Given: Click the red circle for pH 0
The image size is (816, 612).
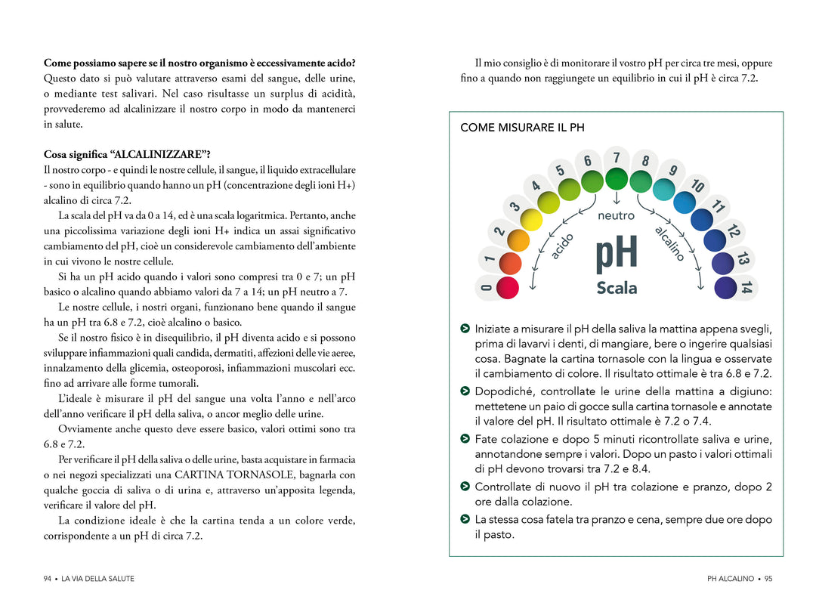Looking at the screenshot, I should point(507,287).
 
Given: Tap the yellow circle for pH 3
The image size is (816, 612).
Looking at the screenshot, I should point(533,219).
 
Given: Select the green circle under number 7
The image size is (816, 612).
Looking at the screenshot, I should point(617,179).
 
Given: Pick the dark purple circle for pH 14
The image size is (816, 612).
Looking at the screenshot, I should point(725,288).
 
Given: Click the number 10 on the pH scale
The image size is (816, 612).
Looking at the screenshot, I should point(697,185).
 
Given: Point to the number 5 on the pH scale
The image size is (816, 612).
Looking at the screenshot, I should point(561,170).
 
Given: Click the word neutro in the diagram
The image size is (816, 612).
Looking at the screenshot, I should point(616,216).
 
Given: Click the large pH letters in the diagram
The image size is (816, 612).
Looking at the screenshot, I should point(617,255).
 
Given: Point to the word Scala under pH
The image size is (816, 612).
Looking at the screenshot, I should point(617,288).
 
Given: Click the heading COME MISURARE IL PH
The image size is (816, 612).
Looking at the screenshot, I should point(522,128).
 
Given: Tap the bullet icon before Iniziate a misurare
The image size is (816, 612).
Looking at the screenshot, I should point(465,329).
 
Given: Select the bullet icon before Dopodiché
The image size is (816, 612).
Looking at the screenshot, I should point(465,391).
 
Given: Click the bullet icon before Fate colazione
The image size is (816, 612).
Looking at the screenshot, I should point(465,439).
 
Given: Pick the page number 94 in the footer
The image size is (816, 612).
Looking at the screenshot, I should point(48,579).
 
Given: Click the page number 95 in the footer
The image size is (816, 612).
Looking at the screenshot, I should point(768,579).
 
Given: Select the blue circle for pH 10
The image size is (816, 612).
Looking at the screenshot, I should point(684,202).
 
